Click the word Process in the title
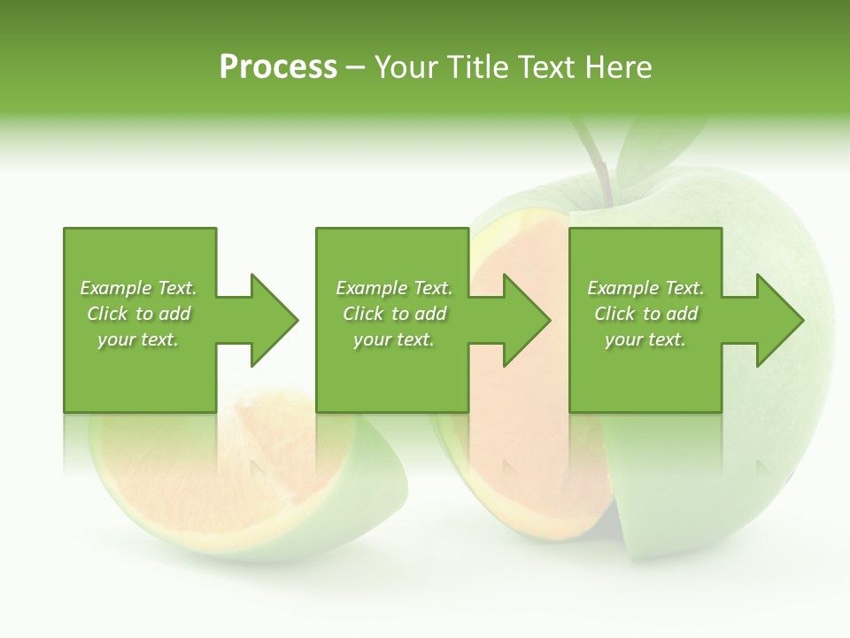point(278,67)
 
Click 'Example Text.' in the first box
point(138,288)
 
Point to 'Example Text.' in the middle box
point(394,288)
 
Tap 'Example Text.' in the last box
point(645,288)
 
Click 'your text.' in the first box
point(138,339)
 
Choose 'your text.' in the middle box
point(394,339)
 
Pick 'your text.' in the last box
point(645,339)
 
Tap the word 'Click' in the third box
point(614,314)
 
